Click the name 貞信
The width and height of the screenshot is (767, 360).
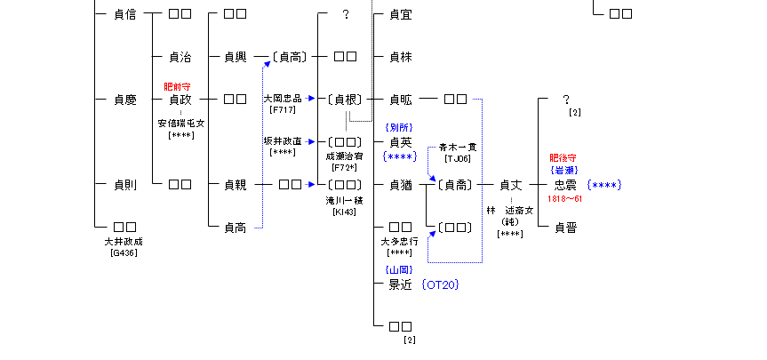125,14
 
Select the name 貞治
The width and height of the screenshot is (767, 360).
180,57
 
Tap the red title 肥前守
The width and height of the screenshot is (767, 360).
179,87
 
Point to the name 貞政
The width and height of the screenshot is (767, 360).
180,100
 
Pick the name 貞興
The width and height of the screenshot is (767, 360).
235,57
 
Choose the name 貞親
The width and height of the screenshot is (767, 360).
235,185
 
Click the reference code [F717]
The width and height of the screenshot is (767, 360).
283,109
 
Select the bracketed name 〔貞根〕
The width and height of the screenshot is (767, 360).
345,100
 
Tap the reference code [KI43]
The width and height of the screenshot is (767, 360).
345,212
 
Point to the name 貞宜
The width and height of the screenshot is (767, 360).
401,14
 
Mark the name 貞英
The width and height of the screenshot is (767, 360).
401,142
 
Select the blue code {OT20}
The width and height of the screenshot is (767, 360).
442,284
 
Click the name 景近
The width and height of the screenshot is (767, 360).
401,284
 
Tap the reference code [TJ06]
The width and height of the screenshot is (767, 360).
458,158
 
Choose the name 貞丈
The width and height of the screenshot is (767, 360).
510,185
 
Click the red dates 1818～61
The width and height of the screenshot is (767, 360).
565,198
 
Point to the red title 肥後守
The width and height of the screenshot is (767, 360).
565,158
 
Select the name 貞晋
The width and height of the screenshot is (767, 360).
566,228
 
